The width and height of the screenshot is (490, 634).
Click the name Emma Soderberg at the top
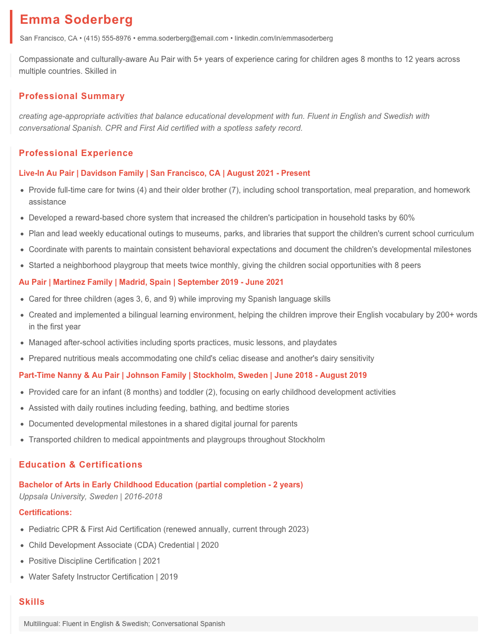pyautogui.click(x=76, y=20)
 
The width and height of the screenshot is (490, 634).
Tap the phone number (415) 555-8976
pyautogui.click(x=108, y=38)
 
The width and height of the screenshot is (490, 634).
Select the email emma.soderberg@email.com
pyautogui.click(x=183, y=38)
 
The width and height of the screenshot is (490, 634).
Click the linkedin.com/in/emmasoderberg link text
pyautogui.click(x=283, y=38)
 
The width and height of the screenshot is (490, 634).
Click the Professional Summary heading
pyautogui.click(x=72, y=96)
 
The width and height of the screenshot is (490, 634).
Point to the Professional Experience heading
pyautogui.click(x=76, y=153)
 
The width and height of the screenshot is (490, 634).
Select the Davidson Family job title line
pyautogui.click(x=164, y=173)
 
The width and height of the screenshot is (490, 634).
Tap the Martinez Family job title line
pyautogui.click(x=151, y=282)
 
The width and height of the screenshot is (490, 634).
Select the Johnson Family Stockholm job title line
pyautogui.click(x=193, y=375)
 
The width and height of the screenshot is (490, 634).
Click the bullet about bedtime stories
pyautogui.click(x=159, y=408)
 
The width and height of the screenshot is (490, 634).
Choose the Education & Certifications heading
pyautogui.click(x=81, y=465)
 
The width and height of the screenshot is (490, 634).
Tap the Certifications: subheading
pyautogui.click(x=45, y=512)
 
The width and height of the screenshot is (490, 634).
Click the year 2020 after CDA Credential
pyautogui.click(x=210, y=545)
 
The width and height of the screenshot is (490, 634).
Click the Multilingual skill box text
pyautogui.click(x=124, y=624)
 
